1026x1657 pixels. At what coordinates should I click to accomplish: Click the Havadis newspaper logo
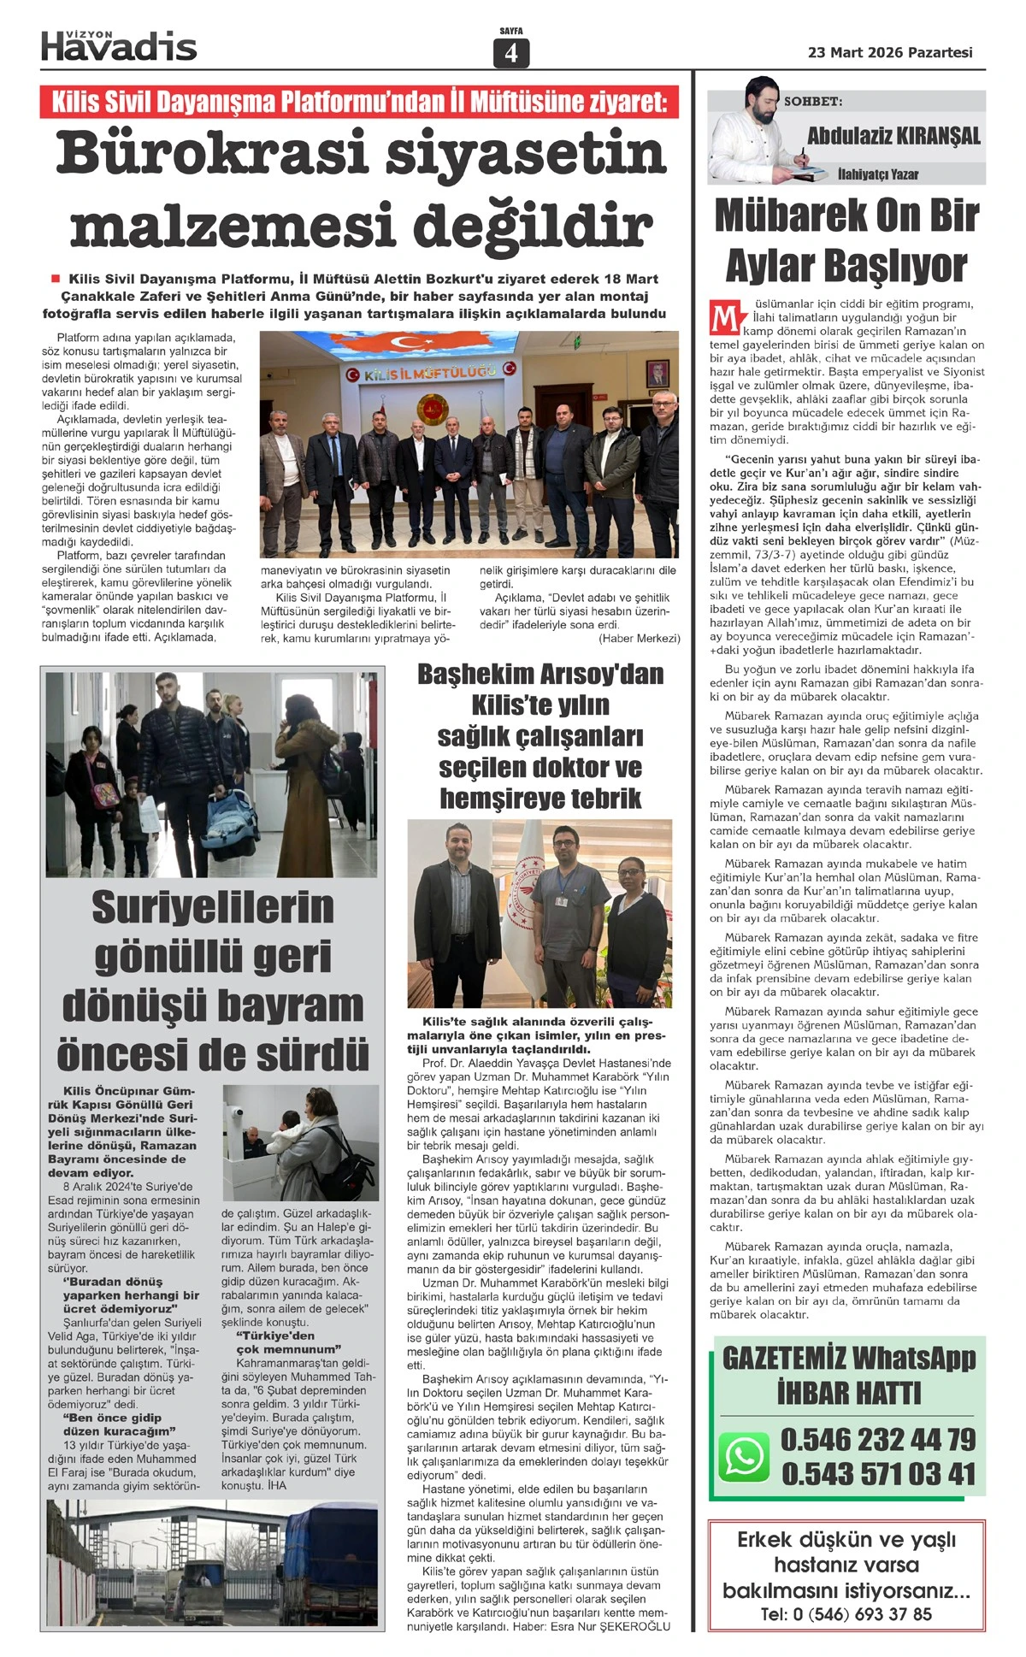[119, 46]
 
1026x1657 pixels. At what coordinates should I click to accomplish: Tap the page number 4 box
[511, 53]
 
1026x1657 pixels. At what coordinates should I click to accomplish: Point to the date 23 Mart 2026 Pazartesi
[890, 52]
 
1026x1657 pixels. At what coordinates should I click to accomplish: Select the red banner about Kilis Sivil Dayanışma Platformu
[359, 102]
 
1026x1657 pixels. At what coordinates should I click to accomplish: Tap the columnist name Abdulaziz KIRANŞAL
[893, 136]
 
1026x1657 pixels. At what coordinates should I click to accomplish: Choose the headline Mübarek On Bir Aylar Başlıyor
[846, 240]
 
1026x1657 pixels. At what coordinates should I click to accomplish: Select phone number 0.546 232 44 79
[878, 1439]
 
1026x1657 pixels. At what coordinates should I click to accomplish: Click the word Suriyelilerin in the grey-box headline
[213, 907]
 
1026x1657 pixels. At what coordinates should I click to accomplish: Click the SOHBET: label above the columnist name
[813, 102]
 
